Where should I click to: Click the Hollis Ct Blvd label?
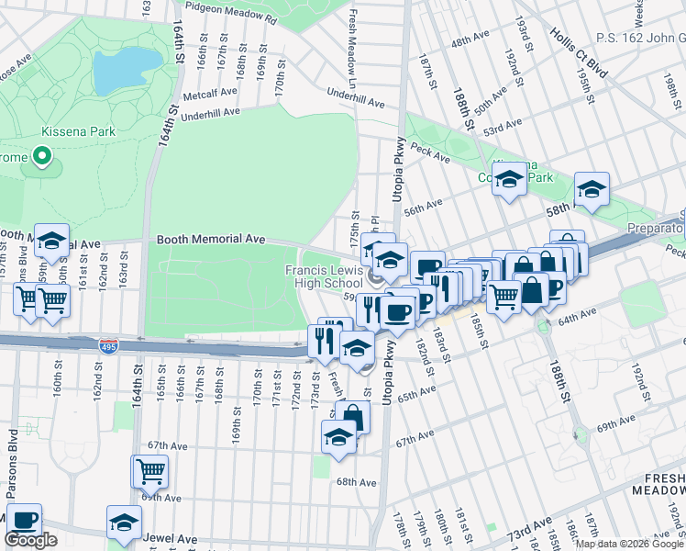580,42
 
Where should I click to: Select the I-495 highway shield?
107,344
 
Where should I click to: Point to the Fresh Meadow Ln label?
352,42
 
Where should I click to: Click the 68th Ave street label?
356,481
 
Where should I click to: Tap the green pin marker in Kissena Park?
42,157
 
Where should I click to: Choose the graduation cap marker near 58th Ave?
592,189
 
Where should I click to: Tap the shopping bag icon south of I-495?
352,417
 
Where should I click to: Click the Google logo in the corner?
30,539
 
